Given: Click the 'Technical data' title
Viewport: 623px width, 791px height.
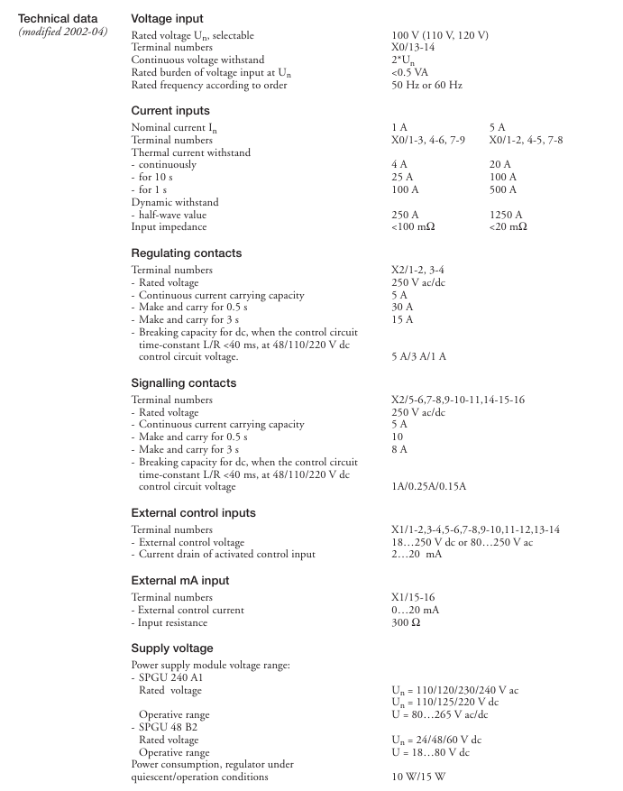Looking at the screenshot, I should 58,18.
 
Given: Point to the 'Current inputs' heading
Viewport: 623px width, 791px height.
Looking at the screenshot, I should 170,111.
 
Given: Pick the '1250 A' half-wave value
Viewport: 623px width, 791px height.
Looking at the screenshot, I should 505,215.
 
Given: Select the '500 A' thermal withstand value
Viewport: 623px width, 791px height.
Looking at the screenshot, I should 502,189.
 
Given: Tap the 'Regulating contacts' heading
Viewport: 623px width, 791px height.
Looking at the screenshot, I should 187,253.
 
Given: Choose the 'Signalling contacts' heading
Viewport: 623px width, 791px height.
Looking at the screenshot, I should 184,383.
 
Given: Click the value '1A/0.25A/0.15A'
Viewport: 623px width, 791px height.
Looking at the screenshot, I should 428,486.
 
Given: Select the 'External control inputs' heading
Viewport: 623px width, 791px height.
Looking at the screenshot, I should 194,513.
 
